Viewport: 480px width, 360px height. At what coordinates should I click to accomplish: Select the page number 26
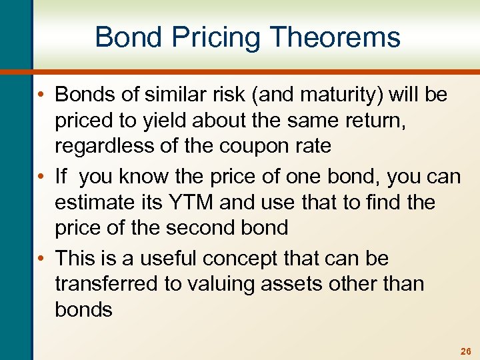[x=465, y=351]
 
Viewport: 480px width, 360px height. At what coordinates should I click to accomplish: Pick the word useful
[x=167, y=258]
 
